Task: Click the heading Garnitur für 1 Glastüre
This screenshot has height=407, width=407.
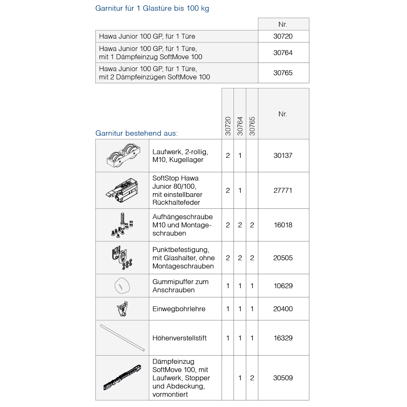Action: click(152, 8)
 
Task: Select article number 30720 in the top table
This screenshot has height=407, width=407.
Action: click(283, 36)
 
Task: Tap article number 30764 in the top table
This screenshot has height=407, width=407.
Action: click(283, 53)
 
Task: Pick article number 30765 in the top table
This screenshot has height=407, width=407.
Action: click(283, 73)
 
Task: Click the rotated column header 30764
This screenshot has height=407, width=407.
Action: click(240, 126)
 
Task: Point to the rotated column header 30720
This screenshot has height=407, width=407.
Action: click(228, 126)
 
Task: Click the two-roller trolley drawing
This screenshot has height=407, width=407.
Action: click(122, 156)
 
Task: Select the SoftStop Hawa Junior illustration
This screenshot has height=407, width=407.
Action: click(122, 190)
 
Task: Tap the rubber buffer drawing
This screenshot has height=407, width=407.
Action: click(122, 286)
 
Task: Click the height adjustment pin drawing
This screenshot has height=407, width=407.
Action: click(122, 338)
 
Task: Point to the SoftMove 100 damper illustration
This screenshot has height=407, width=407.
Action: click(122, 378)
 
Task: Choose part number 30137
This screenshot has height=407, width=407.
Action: click(283, 155)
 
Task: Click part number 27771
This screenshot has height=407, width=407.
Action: click(283, 190)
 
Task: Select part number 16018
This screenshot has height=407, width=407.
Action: click(283, 225)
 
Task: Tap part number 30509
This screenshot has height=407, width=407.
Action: click(283, 378)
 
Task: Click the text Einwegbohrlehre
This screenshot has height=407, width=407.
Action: click(179, 309)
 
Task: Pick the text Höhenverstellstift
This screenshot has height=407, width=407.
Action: click(179, 338)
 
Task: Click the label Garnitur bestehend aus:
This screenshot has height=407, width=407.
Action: click(136, 133)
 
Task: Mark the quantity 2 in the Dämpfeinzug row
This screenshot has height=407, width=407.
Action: click(252, 378)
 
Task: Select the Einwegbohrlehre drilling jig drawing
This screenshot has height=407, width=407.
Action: click(122, 309)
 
